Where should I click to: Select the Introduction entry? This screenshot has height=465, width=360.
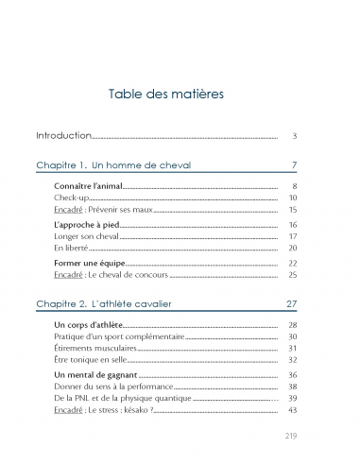(63, 136)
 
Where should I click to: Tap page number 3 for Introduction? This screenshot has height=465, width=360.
(295, 136)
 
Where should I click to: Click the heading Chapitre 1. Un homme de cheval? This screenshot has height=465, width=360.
(113, 165)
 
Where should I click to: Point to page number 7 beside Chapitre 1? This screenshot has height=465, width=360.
(295, 165)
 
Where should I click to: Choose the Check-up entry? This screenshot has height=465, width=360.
(71, 198)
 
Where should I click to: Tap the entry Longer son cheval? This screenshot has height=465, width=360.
(85, 236)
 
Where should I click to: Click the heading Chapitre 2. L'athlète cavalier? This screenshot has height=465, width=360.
(117, 303)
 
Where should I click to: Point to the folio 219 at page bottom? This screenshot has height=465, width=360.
(291, 436)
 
